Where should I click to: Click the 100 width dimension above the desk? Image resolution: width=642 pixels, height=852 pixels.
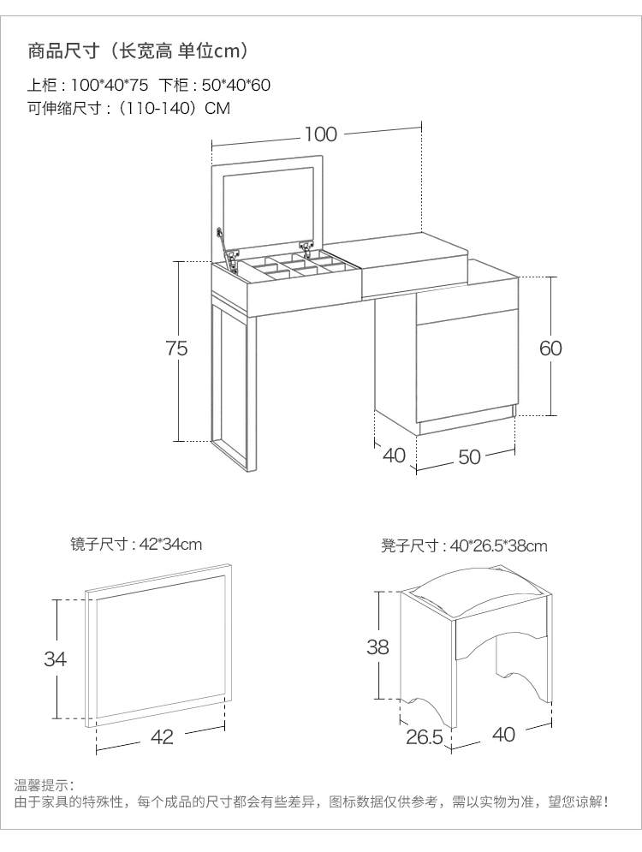coord(320,134)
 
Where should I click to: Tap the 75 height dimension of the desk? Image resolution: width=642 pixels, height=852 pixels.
coord(177,348)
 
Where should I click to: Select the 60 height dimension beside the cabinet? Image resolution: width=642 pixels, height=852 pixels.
coord(550,348)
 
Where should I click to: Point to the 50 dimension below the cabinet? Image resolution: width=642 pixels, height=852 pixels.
coord(469,457)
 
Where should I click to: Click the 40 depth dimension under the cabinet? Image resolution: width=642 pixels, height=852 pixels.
coord(394,455)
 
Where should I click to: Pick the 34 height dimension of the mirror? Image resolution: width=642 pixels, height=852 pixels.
coord(56,658)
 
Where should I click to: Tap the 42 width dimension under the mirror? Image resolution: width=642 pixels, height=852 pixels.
coord(162,736)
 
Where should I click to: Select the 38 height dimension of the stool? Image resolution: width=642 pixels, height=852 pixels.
coord(377,647)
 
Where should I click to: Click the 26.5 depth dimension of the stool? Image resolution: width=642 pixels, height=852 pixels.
coord(424,736)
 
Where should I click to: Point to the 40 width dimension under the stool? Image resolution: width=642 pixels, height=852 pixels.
coord(504,734)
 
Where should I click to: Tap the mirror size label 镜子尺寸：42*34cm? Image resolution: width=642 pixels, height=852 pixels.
coord(136,544)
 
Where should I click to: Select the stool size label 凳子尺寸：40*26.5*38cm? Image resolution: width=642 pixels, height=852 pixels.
coord(464,545)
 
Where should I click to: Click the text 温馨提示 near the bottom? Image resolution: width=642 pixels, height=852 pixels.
coord(45,784)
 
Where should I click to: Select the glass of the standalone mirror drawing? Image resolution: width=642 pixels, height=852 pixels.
coord(161,651)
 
